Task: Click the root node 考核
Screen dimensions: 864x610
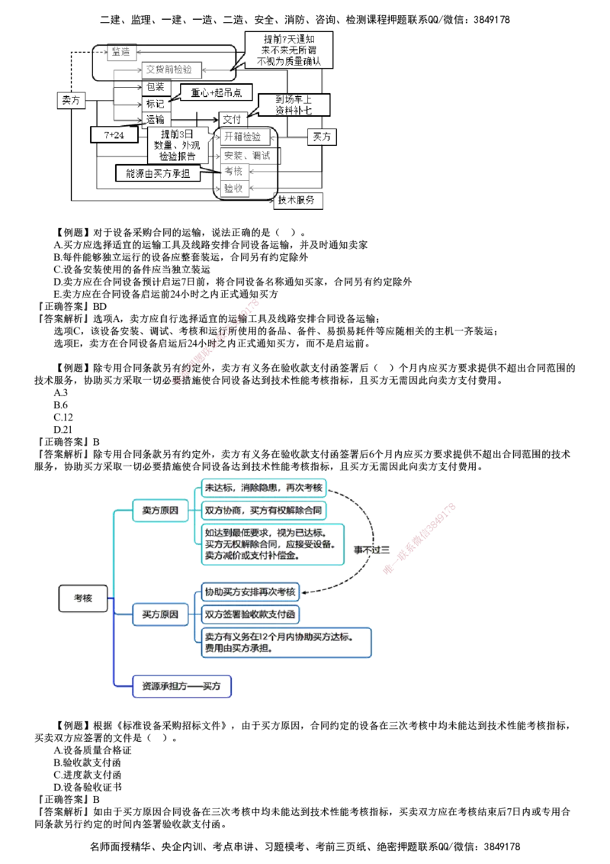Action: click(x=83, y=599)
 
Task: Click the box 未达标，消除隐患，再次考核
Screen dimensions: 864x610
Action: click(x=264, y=487)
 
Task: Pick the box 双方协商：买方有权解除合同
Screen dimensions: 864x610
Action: click(x=264, y=510)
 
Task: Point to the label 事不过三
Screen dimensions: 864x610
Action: click(x=371, y=550)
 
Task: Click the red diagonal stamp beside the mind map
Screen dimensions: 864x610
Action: click(x=419, y=539)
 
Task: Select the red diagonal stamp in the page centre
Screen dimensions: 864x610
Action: click(x=217, y=343)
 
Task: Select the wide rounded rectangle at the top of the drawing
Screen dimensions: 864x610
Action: click(x=164, y=63)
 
